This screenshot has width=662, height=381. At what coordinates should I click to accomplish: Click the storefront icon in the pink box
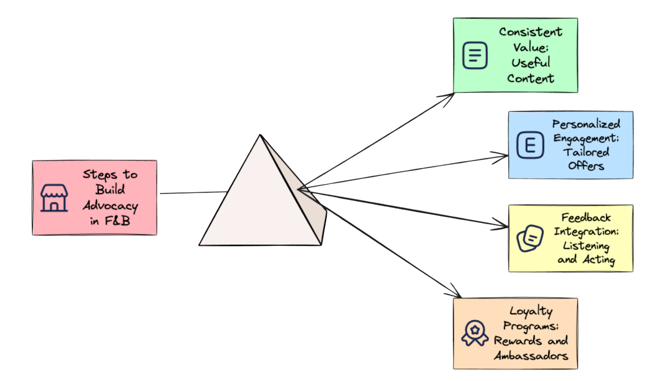point(54,198)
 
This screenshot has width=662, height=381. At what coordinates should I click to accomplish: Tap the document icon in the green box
point(475,55)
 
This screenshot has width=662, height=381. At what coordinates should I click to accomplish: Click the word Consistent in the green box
point(531,32)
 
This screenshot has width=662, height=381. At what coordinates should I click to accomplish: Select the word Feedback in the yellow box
point(586,218)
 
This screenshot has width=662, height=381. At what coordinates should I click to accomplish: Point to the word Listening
point(586,246)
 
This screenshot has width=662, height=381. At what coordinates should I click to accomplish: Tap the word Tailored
point(586,152)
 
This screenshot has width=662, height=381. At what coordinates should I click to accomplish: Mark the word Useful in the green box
point(531,63)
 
